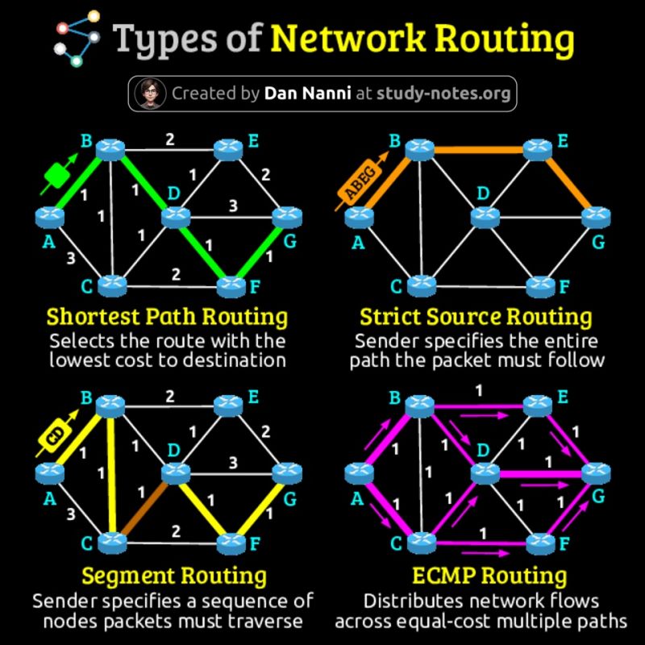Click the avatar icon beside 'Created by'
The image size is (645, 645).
pos(148,94)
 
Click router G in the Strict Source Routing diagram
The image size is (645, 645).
pos(594,216)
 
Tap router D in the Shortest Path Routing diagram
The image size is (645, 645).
pos(174,216)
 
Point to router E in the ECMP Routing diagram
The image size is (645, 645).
pos(536,403)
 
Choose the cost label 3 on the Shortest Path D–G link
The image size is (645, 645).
pos(233,206)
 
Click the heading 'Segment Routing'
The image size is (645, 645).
pos(173,576)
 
